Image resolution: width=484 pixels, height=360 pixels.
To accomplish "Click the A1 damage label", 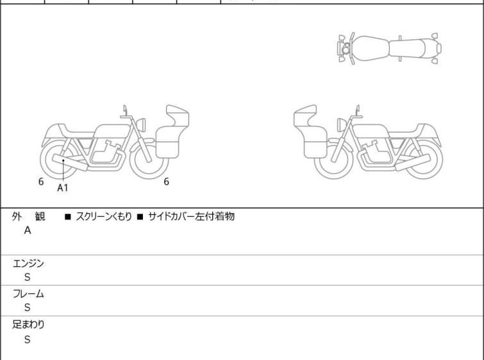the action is (x=62, y=187).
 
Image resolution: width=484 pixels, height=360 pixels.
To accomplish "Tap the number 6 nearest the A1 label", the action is (x=41, y=182).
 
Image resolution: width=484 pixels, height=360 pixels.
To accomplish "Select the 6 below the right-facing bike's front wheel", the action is (x=166, y=182).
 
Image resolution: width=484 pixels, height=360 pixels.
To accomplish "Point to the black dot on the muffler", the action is (x=63, y=160).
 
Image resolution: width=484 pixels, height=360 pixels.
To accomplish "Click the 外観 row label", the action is (x=28, y=216).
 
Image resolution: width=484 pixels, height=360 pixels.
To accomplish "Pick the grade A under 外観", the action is (x=28, y=230).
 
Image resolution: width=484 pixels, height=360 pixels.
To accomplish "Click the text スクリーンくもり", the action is (x=103, y=216).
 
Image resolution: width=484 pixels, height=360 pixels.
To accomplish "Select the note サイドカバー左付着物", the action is (x=192, y=216).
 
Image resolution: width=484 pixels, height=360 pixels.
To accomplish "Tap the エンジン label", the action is (x=28, y=263).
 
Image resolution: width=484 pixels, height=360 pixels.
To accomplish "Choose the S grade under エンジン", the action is (x=28, y=277).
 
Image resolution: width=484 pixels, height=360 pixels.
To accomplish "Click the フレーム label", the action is (x=28, y=293).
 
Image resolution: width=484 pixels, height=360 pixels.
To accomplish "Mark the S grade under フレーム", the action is (x=28, y=307).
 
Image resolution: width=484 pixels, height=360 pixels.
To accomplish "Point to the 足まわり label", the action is (x=28, y=325).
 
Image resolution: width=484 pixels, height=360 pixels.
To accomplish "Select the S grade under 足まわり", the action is (x=28, y=339).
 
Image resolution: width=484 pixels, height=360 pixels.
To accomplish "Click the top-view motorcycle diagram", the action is (x=389, y=48).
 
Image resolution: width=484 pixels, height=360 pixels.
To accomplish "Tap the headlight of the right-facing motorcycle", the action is (x=141, y=125).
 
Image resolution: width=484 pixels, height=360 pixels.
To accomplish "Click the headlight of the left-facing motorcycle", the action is (x=342, y=125).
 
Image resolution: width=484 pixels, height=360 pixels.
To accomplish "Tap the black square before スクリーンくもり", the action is (x=68, y=217).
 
